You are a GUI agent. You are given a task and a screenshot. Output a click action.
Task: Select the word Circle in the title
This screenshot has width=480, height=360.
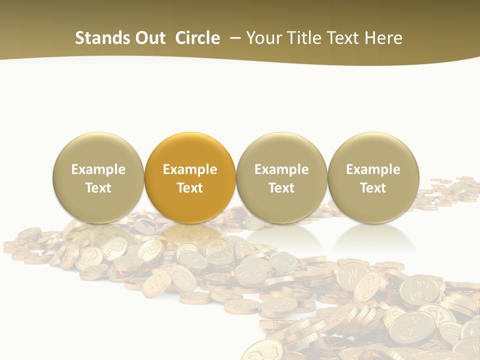[197, 38]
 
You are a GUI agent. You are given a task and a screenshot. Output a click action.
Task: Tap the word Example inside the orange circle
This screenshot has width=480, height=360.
[190, 169]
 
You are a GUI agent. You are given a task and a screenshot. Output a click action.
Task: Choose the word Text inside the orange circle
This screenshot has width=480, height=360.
[190, 188]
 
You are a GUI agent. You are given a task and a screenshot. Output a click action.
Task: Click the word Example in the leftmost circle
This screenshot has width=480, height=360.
[98, 169]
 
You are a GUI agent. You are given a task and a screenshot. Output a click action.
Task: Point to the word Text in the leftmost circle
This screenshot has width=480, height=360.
[98, 188]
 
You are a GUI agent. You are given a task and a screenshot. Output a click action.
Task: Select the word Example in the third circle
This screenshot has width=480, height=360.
[281, 169]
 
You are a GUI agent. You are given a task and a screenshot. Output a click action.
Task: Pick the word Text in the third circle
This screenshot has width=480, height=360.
[281, 188]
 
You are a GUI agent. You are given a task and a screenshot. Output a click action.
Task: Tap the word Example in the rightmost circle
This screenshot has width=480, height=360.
[373, 169]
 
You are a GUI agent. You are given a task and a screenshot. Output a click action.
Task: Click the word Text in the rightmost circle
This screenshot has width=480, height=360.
[373, 188]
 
